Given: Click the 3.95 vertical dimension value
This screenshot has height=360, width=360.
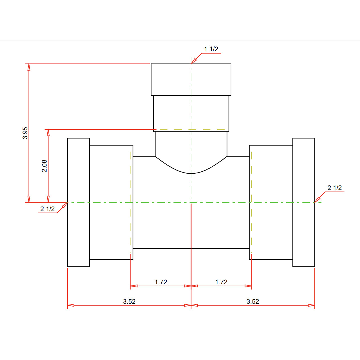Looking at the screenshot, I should click(25, 133).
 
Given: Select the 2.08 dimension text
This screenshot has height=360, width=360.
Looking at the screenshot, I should click(44, 166).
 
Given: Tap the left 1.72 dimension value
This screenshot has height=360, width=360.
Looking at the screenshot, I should click(161, 282).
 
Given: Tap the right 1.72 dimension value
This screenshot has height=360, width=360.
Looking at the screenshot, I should click(221, 282).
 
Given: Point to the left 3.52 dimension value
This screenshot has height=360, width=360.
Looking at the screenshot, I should click(129, 301).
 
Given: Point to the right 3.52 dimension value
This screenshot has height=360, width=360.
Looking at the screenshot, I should click(253, 301).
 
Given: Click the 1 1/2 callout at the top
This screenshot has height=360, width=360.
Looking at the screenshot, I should click(211, 49).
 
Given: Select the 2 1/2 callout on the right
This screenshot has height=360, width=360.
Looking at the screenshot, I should click(334, 188).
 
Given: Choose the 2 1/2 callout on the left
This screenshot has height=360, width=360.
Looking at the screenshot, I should click(47, 209).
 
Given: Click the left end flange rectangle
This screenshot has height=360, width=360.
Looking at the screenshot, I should click(79, 202).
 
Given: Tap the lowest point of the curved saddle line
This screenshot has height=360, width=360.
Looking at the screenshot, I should click(191, 173).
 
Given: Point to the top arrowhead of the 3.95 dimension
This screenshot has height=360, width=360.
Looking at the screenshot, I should click(29, 67).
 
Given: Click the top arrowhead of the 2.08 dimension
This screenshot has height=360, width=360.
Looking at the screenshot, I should click(48, 133).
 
